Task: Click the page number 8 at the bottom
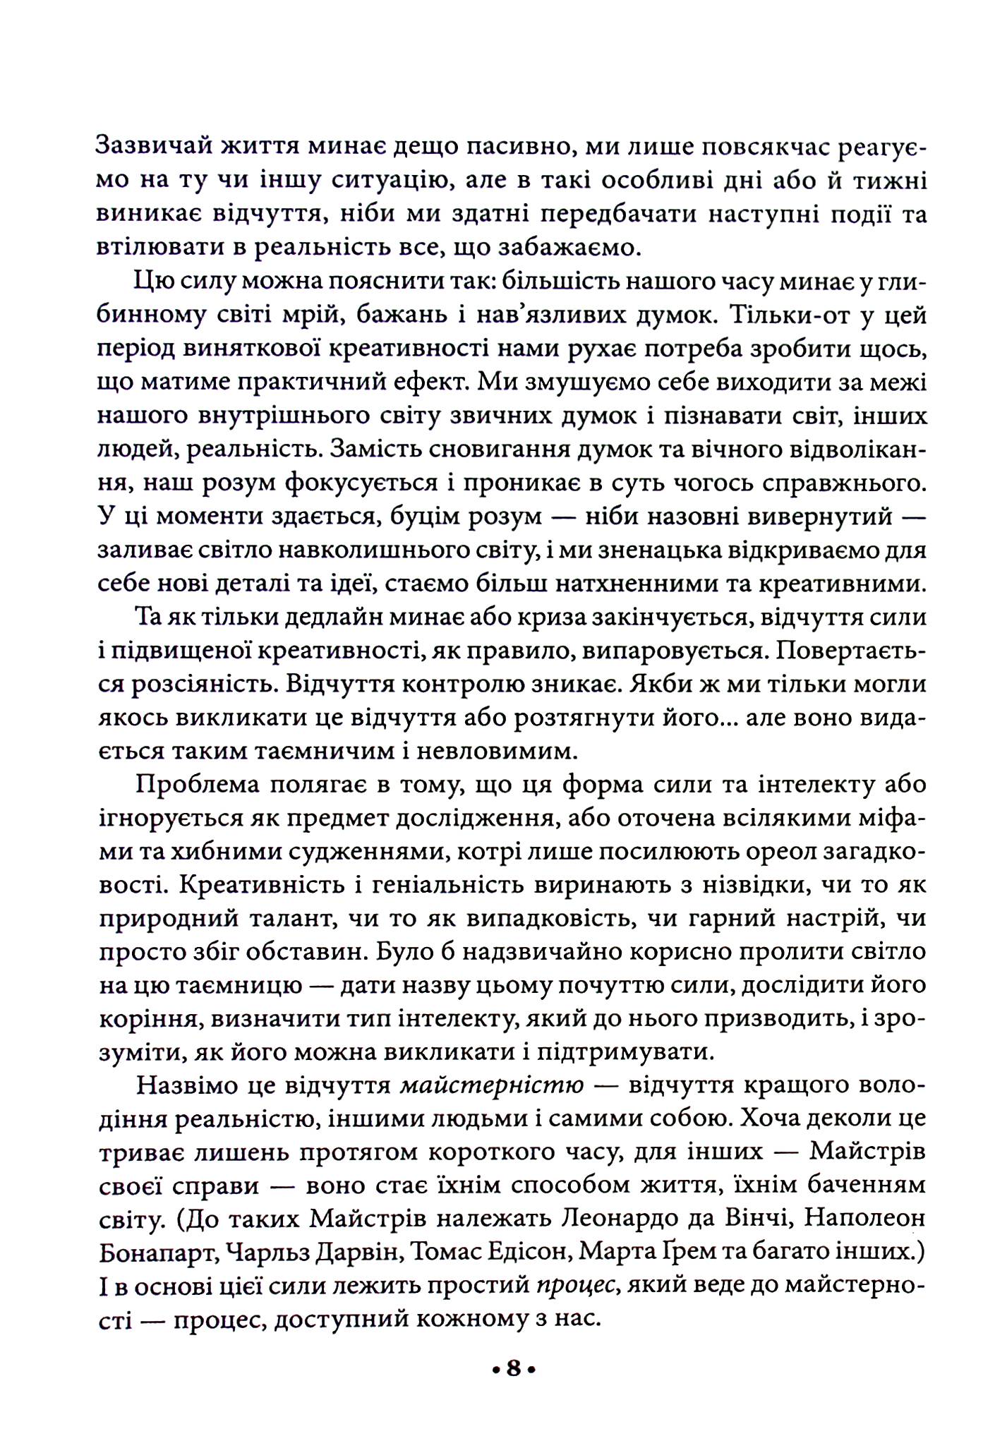tap(513, 1369)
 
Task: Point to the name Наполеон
tap(865, 1217)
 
